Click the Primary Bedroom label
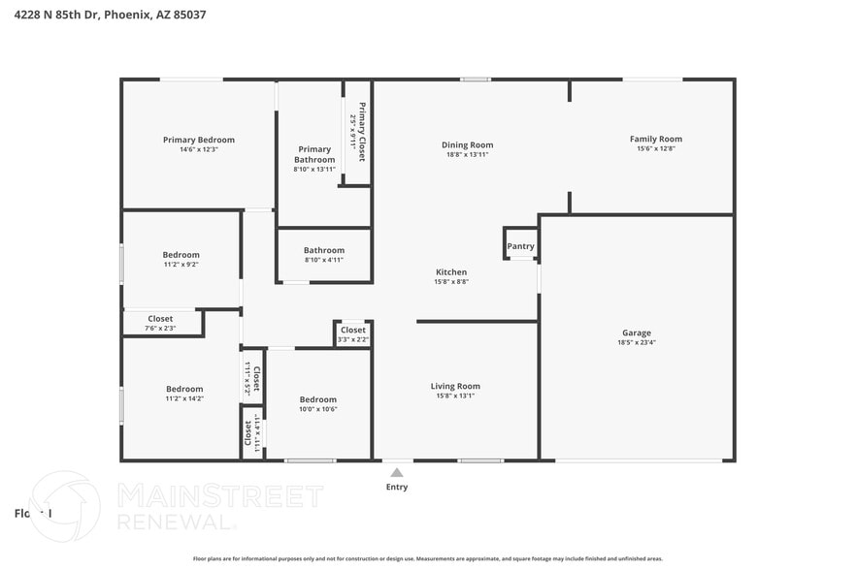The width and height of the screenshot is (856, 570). click(198, 140)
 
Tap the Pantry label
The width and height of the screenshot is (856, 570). click(520, 246)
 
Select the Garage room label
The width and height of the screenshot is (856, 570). click(637, 332)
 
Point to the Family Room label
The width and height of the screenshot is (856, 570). click(655, 139)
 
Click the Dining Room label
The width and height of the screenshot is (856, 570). click(467, 145)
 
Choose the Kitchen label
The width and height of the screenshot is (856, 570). click(451, 272)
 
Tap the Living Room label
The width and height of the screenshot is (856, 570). click(455, 386)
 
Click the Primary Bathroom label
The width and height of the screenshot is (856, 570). click(314, 154)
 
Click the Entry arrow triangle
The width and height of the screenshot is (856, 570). click(396, 472)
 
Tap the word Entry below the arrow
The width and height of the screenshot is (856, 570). click(397, 487)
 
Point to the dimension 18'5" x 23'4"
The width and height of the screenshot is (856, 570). click(637, 342)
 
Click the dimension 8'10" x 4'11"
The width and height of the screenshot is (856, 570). click(324, 260)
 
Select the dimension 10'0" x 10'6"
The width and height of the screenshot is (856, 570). click(317, 409)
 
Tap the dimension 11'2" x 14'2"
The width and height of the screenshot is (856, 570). click(184, 398)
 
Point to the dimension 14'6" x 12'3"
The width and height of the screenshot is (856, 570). click(198, 149)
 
